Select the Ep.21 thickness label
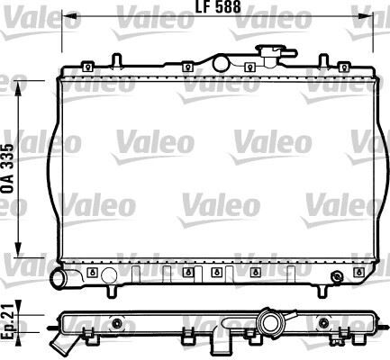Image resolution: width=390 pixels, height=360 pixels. [x=8, y=322]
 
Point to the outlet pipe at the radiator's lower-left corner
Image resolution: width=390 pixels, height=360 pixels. [x=65, y=280]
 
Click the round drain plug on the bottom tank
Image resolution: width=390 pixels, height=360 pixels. [x=336, y=275]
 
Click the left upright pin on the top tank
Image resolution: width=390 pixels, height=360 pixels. [x=116, y=59]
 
